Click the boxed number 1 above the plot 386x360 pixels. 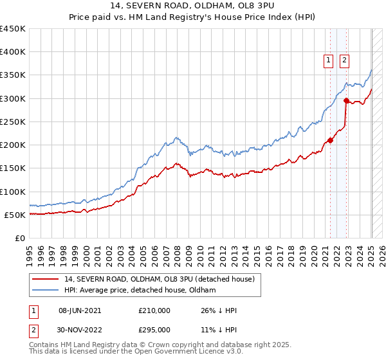point(328,60)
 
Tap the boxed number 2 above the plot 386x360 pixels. point(344,60)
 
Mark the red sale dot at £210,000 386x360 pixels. point(331,140)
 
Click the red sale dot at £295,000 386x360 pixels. point(347,100)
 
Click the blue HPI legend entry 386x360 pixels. point(140,290)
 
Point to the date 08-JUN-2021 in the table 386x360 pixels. point(80,310)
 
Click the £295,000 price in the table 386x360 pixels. point(154,329)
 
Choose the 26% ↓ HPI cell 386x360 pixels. point(219,310)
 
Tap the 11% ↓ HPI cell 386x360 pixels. point(219,329)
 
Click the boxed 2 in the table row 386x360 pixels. point(34,329)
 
